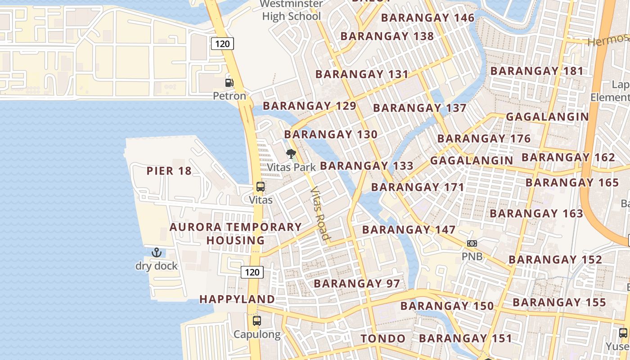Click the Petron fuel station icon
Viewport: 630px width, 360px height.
point(229,82)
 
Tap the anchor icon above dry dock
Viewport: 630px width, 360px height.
point(156,252)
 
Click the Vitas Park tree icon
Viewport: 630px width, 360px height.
point(291,154)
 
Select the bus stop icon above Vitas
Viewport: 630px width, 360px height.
point(260,187)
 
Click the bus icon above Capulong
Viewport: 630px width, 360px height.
point(256,321)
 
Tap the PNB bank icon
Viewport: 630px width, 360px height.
point(472,243)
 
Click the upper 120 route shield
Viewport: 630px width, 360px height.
point(222,44)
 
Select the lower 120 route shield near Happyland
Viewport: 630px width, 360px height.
point(252,272)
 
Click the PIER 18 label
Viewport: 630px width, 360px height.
point(169,171)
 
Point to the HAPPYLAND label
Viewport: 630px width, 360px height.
point(237,299)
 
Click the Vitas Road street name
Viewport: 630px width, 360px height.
point(320,213)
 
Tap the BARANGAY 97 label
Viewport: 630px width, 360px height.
point(357,283)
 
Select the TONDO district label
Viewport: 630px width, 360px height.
point(383,338)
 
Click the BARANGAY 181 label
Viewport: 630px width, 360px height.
point(537,71)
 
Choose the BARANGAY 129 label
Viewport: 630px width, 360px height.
point(310,106)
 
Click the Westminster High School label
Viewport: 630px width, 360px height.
point(292,10)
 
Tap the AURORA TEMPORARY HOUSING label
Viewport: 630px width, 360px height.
point(235,234)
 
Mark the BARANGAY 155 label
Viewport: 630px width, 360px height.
point(559,302)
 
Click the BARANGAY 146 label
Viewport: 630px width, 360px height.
point(428,18)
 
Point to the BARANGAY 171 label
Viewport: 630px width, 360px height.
point(418,187)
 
